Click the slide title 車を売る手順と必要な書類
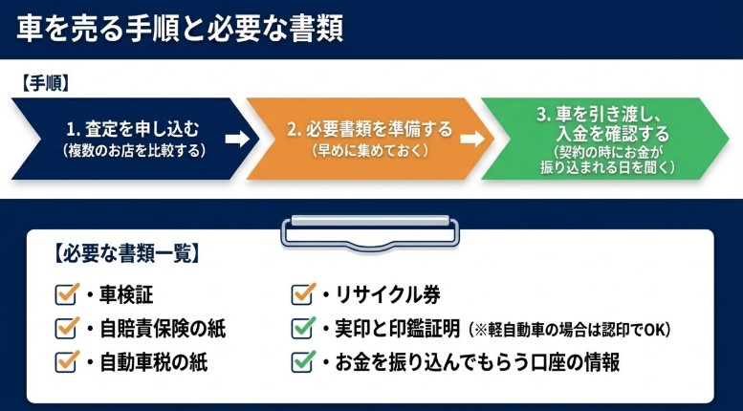(x=181, y=29)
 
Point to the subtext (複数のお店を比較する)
(x=133, y=150)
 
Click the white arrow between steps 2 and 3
(x=471, y=139)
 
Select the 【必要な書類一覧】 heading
(x=123, y=255)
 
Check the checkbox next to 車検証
(x=67, y=293)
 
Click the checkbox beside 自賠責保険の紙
(x=67, y=328)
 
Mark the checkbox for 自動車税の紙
(x=67, y=361)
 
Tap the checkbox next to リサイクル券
(x=303, y=293)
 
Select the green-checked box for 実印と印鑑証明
(x=303, y=328)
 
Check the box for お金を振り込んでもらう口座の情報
(x=303, y=361)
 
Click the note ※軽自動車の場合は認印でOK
(x=570, y=330)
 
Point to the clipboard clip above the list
(x=368, y=229)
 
